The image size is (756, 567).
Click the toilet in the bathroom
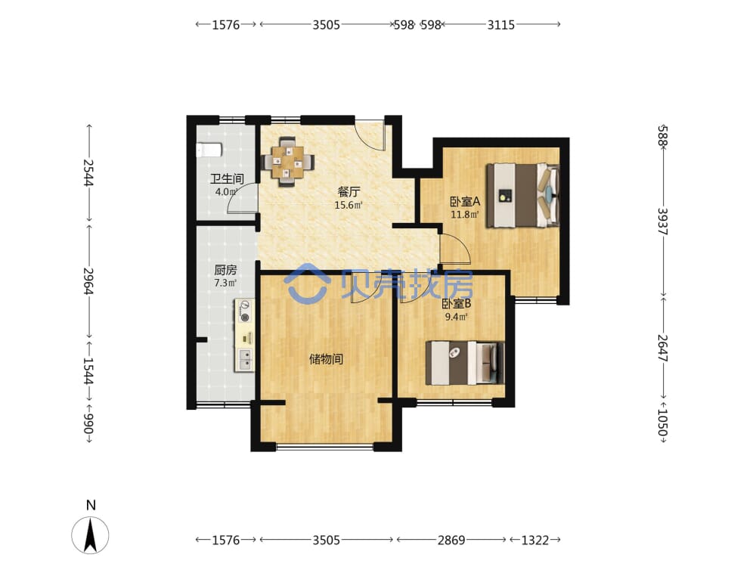pos(209,150)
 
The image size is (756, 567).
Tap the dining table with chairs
pos(287,162)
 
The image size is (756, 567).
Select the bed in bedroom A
pos(522,195)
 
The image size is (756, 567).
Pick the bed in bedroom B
pos(465,363)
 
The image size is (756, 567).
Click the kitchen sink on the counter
pos(245,359)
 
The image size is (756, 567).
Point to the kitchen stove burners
pos(246,311)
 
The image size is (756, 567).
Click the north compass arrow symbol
pos(90,535)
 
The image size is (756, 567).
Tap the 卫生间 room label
pos(227,179)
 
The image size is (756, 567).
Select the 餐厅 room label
pos(349,192)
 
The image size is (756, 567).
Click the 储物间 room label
pos(326,359)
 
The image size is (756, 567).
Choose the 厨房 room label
pos(225,270)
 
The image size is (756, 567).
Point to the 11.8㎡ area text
pos(465,215)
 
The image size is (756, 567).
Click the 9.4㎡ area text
pos(456,318)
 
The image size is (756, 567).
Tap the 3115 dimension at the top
pos(501,25)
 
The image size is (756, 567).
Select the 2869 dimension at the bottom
pos(451,540)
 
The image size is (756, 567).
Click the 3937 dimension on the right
pos(663,222)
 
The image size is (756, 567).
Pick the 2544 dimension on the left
pos(88,172)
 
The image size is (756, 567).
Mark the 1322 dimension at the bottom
pos(535,540)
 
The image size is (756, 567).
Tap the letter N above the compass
pos(91,505)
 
